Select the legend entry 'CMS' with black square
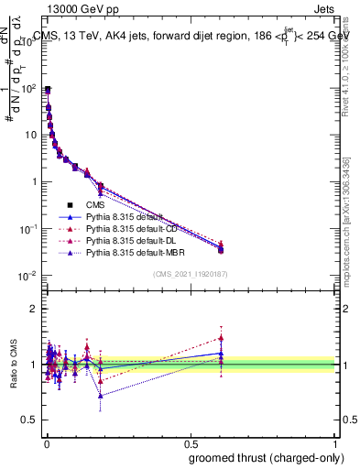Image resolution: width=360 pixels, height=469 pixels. click(95, 205)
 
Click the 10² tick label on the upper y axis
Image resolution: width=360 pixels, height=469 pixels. click(27, 88)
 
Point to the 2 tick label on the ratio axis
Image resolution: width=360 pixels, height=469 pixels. click(34, 309)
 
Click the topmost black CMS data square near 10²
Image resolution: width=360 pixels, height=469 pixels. click(47, 89)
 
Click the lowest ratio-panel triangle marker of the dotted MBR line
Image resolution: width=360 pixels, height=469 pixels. click(100, 396)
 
